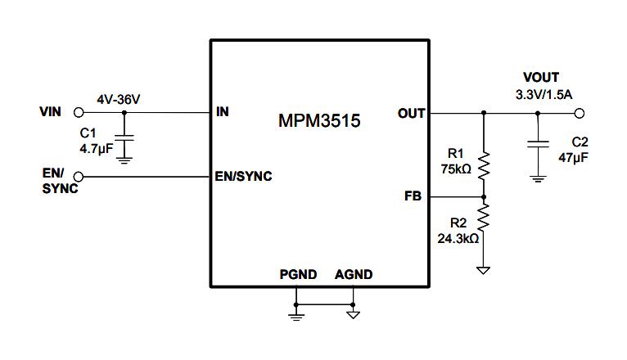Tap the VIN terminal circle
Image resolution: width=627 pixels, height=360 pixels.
click(x=79, y=112)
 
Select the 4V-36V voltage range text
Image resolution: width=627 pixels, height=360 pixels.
click(x=119, y=99)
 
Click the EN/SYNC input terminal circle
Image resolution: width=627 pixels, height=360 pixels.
click(x=79, y=177)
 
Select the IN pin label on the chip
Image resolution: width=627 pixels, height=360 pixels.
click(x=223, y=112)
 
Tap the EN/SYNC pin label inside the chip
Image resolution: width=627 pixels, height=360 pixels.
click(x=243, y=177)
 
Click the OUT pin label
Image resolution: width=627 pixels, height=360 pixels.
click(x=411, y=113)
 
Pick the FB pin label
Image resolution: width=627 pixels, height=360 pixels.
click(x=414, y=196)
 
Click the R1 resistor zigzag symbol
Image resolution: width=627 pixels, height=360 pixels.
click(x=484, y=166)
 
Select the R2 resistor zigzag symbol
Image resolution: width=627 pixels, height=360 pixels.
click(x=484, y=218)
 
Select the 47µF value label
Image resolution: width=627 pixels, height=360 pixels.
click(x=575, y=155)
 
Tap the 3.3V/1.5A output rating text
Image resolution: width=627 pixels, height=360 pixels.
click(x=544, y=95)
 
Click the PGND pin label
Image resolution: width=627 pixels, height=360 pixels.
click(x=297, y=274)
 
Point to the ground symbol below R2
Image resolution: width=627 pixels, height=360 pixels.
click(x=484, y=269)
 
